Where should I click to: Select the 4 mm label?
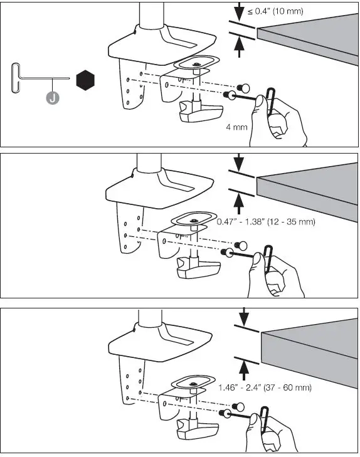coord(236,127)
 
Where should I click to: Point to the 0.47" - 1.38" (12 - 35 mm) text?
coord(265,222)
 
